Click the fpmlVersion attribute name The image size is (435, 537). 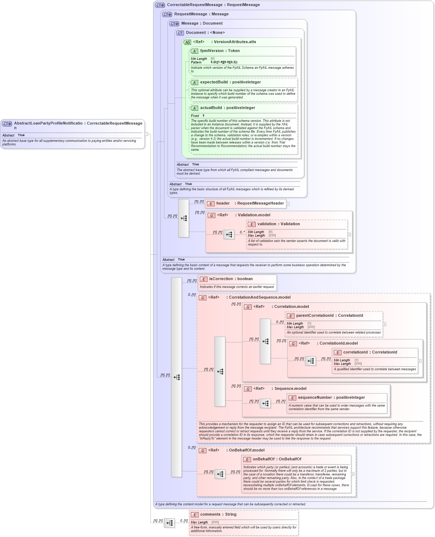pyautogui.click(x=212, y=51)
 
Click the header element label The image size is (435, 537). pyautogui.click(x=223, y=203)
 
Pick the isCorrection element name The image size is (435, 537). pyautogui.click(x=221, y=279)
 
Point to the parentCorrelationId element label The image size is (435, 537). pyautogui.click(x=315, y=316)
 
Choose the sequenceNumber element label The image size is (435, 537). pyautogui.click(x=315, y=398)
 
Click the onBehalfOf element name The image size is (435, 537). pyautogui.click(x=263, y=459)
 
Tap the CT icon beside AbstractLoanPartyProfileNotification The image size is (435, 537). pyautogui.click(x=7, y=124)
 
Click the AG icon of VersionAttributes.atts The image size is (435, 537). pyautogui.click(x=187, y=42)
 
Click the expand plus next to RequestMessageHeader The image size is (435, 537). pyautogui.click(x=288, y=204)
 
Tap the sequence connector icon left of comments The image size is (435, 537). pyautogui.click(x=169, y=523)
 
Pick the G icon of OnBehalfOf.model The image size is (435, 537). pyautogui.click(x=203, y=451)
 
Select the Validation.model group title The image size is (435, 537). pyautogui.click(x=254, y=215)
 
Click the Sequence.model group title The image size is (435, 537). pyautogui.click(x=290, y=389)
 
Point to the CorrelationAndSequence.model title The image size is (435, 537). pyautogui.click(x=260, y=298)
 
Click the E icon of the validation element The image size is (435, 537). pyautogui.click(x=252, y=224)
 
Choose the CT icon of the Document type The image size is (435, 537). pyautogui.click(x=180, y=33)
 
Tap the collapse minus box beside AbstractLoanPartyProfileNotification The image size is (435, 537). pyautogui.click(x=147, y=134)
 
